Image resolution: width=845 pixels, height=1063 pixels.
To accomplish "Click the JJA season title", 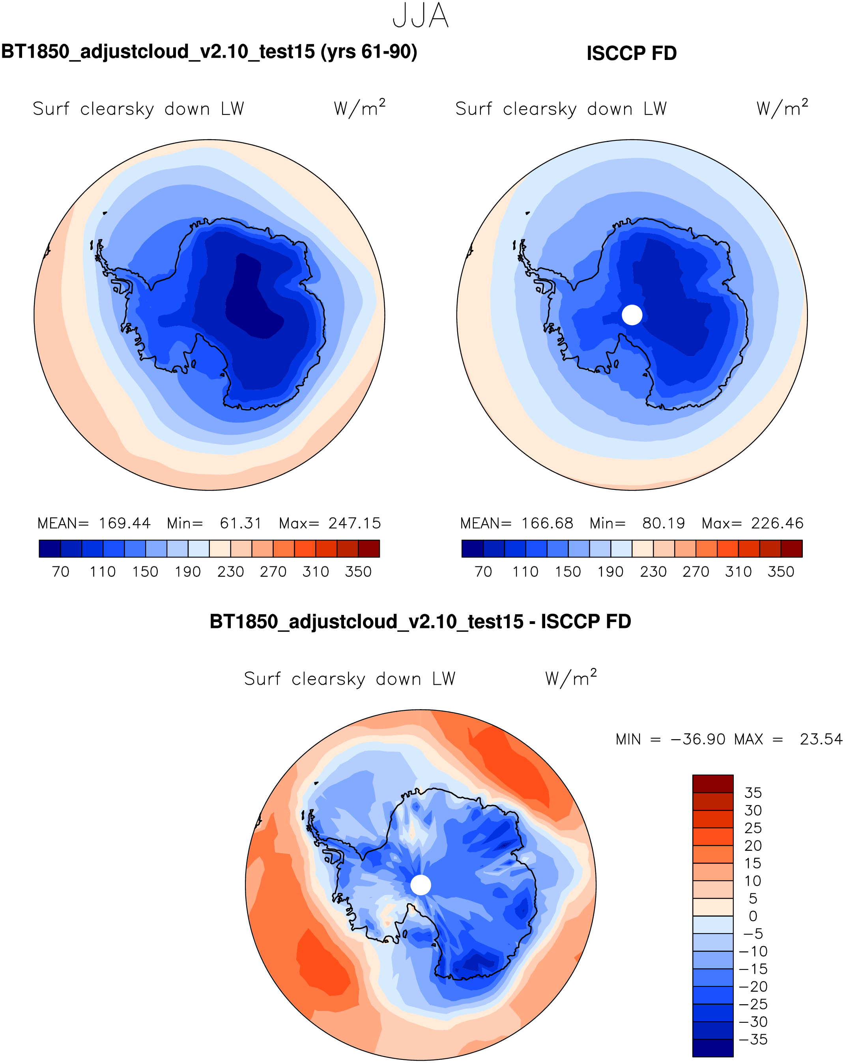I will [x=421, y=16].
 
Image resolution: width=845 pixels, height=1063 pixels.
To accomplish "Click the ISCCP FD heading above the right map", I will [x=631, y=53].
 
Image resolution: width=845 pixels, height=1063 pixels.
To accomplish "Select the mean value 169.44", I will [x=124, y=523].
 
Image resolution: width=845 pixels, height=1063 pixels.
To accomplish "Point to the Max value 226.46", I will [x=777, y=523].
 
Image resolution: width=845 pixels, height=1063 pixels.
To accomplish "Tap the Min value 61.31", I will [x=241, y=523].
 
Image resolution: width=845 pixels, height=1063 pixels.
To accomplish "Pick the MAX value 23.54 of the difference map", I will [x=821, y=740].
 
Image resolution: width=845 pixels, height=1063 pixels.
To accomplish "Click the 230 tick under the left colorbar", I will [x=231, y=572].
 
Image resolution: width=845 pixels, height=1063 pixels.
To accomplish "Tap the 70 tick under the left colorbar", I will [x=61, y=572].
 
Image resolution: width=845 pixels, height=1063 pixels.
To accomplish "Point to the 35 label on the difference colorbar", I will [x=753, y=793].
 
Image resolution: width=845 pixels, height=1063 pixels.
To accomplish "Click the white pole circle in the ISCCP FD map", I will [x=632, y=315].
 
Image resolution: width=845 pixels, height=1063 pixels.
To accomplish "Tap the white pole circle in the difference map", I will [x=421, y=885].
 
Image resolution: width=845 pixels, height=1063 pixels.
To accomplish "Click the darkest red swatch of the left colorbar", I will [x=369, y=549].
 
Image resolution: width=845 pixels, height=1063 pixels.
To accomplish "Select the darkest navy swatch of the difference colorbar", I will [x=712, y=1048].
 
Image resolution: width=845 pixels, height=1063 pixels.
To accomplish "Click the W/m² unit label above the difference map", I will [x=571, y=678].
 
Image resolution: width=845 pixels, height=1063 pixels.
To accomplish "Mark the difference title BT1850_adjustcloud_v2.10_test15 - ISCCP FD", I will [x=420, y=622].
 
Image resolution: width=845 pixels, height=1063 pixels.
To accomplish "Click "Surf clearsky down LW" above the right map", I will [x=561, y=109].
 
